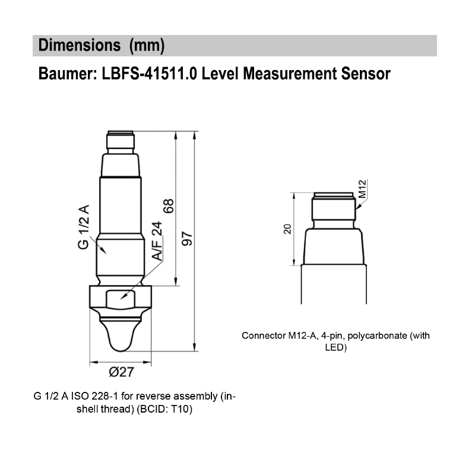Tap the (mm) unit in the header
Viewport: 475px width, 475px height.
coord(146,46)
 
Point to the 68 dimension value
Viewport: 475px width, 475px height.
coord(169,207)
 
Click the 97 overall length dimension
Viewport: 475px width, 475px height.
coord(188,239)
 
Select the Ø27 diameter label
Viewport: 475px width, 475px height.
coord(121,372)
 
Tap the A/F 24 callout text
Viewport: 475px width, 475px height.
coord(156,241)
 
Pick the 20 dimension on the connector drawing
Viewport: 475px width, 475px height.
coord(287,229)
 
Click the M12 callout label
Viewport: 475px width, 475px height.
coord(363,188)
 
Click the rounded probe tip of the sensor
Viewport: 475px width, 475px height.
coord(120,335)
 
